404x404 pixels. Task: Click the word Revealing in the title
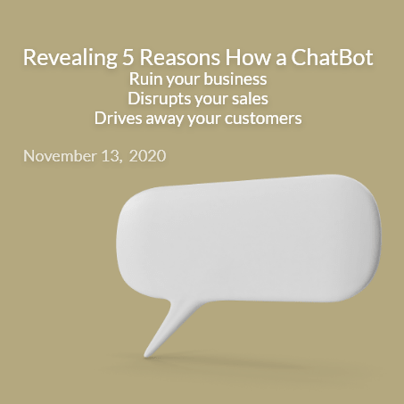[70, 58]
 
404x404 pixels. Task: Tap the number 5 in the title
[128, 57]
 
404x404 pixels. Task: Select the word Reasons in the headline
[180, 57]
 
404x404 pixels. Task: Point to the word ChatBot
[332, 57]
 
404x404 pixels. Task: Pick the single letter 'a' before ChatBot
[281, 59]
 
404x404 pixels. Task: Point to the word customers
[263, 119]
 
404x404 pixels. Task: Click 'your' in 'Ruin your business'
[183, 80]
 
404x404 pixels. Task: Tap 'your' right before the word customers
[204, 120]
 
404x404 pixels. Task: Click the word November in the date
[60, 156]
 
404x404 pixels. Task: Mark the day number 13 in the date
[111, 156]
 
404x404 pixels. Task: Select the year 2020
[147, 156]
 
